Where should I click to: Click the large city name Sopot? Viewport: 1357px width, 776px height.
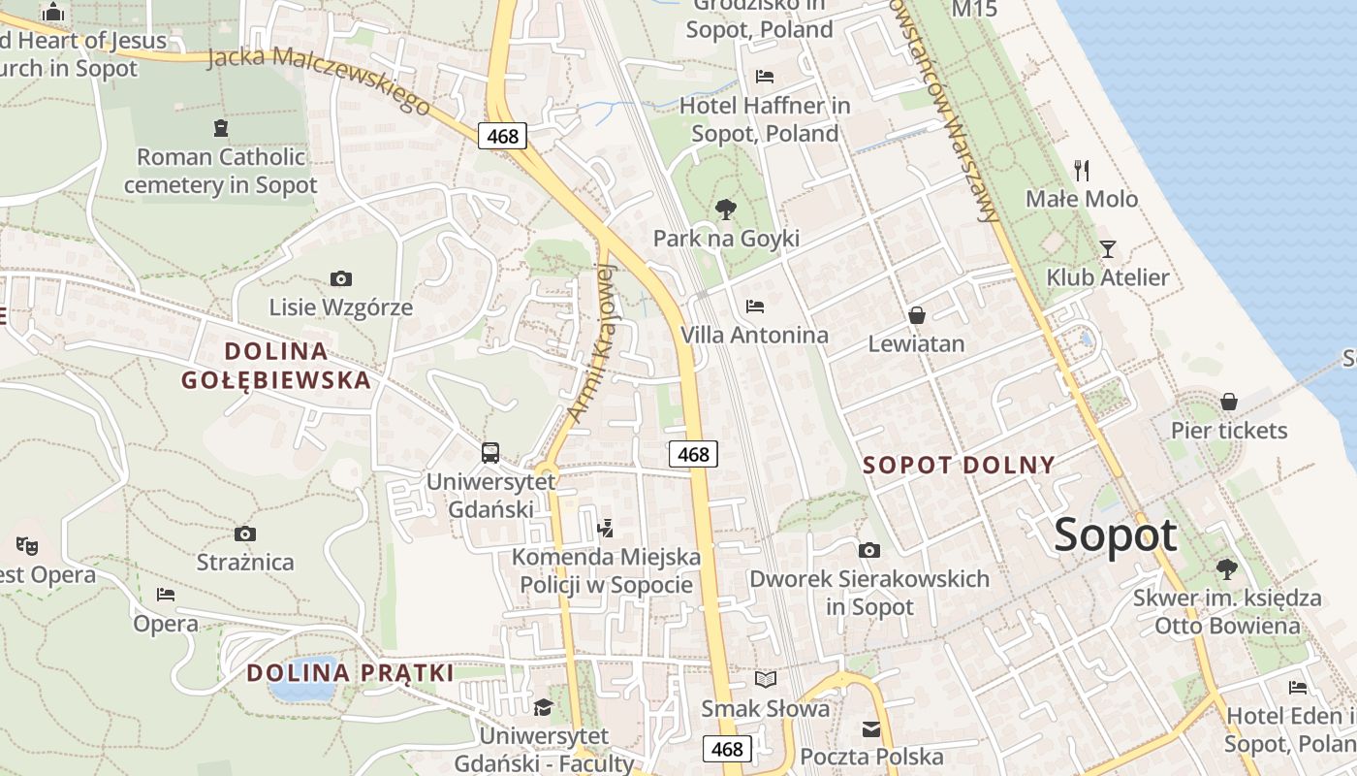tap(1116, 535)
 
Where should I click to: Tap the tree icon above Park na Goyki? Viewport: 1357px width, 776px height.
tap(725, 209)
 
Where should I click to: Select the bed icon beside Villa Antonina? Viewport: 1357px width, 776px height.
tap(755, 307)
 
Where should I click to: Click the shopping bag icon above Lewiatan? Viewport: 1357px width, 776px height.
tap(916, 315)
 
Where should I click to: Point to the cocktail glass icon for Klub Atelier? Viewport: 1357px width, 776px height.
tap(1107, 248)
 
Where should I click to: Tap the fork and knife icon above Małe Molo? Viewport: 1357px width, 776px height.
tap(1082, 171)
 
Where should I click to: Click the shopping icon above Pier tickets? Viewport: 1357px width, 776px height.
tap(1228, 402)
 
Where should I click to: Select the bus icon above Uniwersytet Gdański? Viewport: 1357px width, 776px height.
tap(490, 452)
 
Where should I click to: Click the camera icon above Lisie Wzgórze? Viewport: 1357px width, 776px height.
tap(340, 279)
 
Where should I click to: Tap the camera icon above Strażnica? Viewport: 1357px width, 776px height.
tap(245, 533)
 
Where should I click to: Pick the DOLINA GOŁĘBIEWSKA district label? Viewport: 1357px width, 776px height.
tap(276, 365)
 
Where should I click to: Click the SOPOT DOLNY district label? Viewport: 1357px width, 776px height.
tap(959, 465)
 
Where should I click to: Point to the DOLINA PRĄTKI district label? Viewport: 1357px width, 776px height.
tap(350, 672)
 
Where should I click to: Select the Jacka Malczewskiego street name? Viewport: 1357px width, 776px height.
tap(319, 80)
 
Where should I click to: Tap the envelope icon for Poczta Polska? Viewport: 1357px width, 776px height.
tap(871, 728)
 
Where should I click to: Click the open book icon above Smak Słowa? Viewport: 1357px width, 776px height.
tap(766, 679)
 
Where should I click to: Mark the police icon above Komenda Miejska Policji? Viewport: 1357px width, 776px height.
tap(606, 528)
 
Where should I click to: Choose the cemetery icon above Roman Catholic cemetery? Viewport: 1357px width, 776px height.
tap(221, 127)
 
